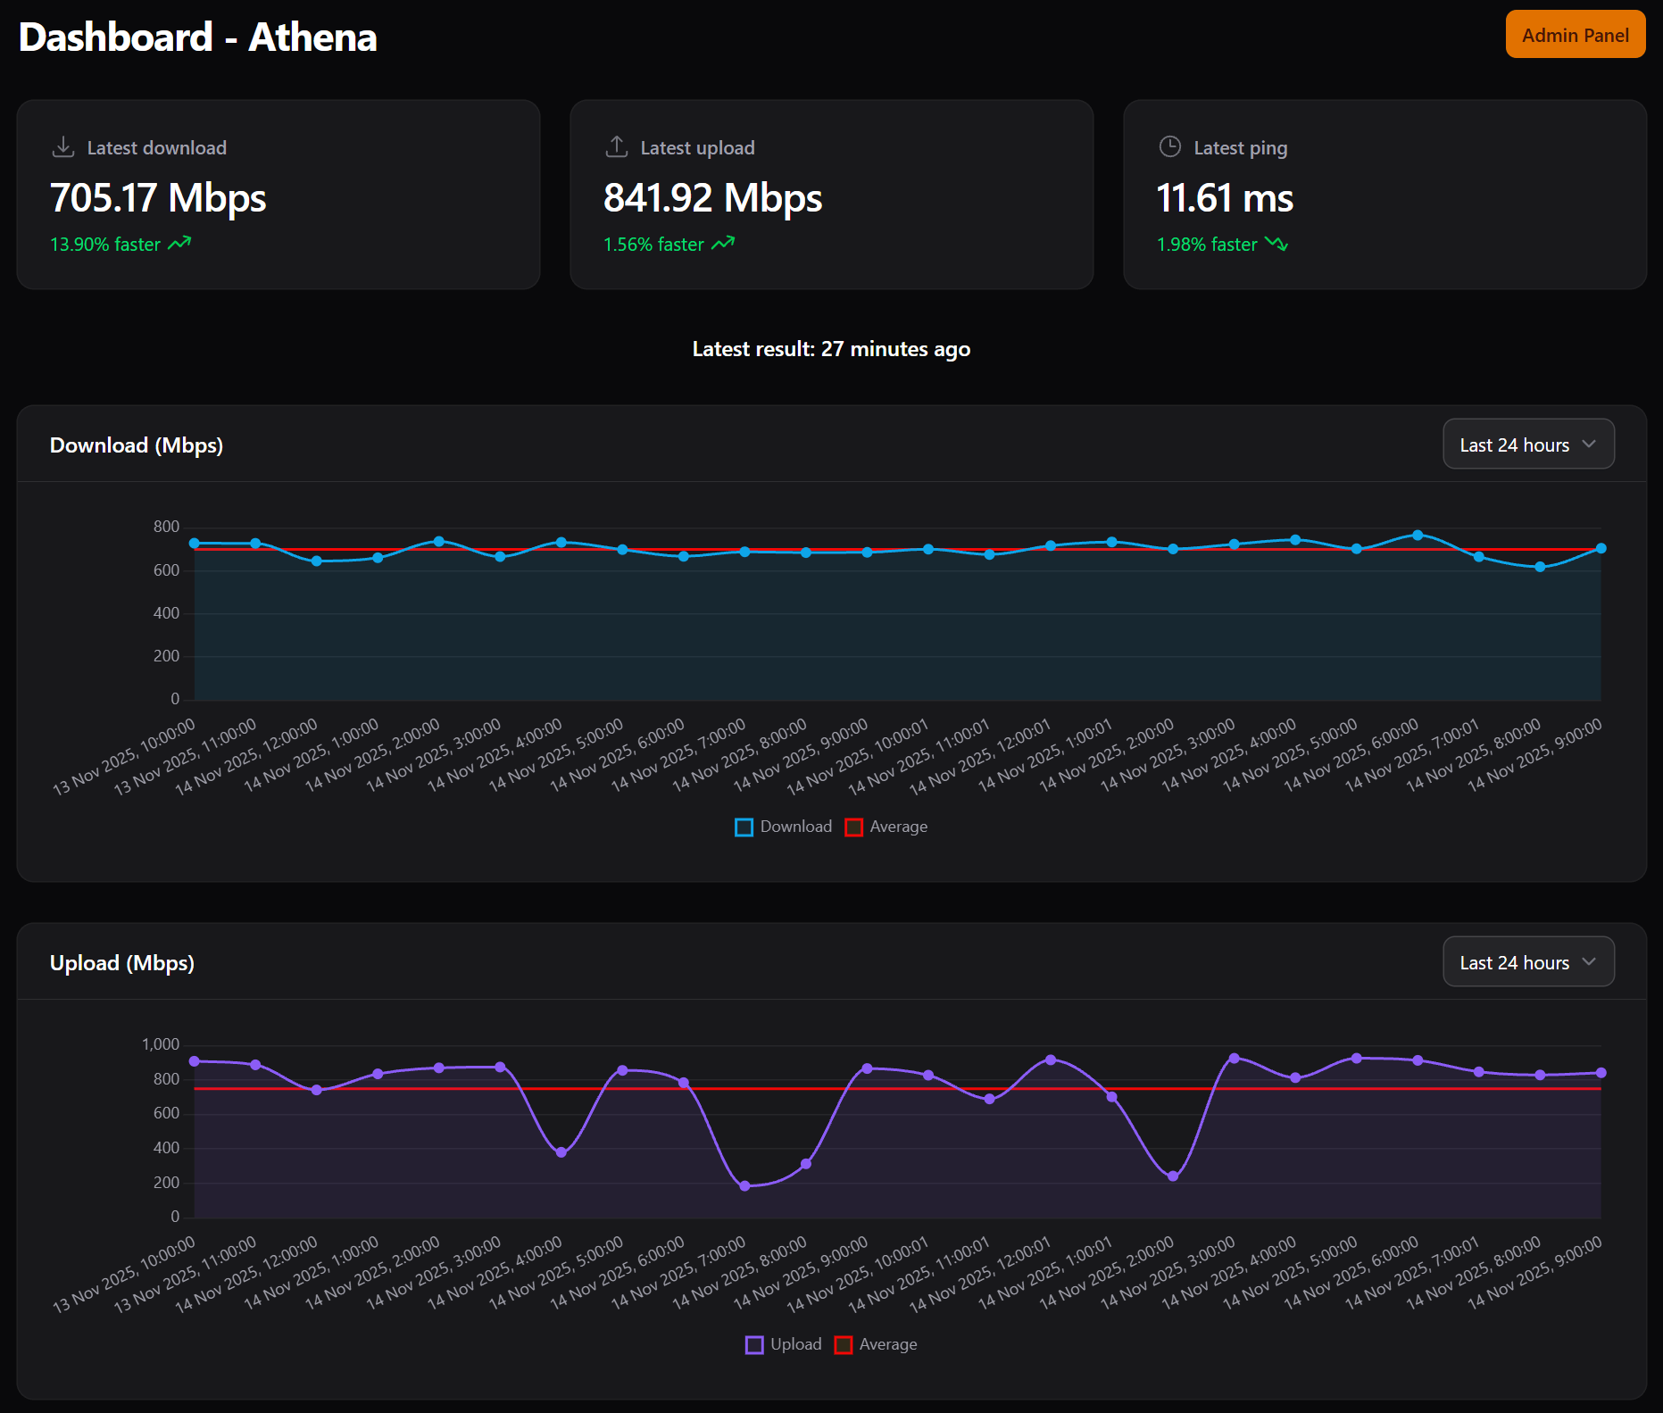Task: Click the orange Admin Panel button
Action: tap(1575, 35)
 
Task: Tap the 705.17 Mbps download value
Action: tap(158, 198)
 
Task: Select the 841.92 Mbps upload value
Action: tap(712, 198)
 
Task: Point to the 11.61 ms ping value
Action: tap(1224, 198)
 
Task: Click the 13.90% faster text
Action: tap(105, 245)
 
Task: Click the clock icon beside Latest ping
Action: tap(1169, 146)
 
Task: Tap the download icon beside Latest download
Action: tap(63, 146)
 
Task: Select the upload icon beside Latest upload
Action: tap(617, 146)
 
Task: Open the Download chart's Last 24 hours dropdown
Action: tap(1527, 445)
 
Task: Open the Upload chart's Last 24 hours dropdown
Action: tap(1527, 962)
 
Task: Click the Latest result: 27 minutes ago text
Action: tap(831, 349)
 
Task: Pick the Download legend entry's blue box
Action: tap(744, 827)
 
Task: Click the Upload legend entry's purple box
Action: tap(754, 1345)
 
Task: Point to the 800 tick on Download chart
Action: tap(166, 527)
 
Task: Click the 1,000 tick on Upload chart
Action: tap(161, 1044)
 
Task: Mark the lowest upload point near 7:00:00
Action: tap(744, 1185)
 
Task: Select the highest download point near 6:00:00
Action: tap(1418, 536)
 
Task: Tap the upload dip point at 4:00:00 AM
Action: tap(561, 1152)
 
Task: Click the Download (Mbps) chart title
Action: tap(137, 445)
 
